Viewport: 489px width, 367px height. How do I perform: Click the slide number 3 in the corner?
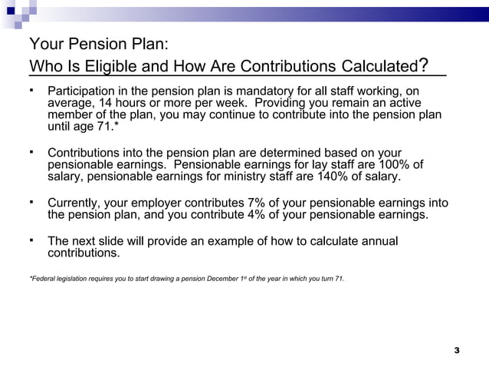click(x=457, y=351)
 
